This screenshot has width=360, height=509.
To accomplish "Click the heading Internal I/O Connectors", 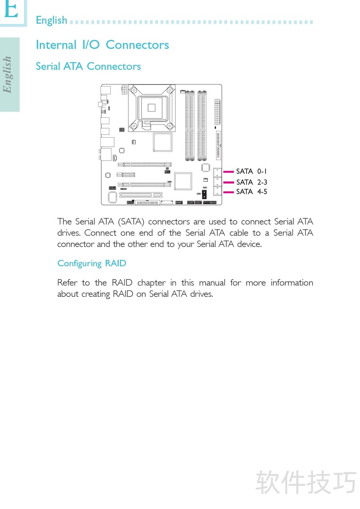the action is point(102,45).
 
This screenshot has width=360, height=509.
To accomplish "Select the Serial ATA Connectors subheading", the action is point(88,66).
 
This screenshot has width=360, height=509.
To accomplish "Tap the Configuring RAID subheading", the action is point(92,263).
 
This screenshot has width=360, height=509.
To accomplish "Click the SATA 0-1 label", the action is point(252,171).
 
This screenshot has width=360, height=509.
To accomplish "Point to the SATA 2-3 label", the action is point(252,182).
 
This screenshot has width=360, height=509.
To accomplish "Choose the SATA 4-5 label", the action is point(252,192).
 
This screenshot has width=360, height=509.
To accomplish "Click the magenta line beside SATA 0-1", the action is point(229,171).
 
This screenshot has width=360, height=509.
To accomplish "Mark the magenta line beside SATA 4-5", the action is point(229,192).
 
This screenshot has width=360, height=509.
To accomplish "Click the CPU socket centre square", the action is point(151,107).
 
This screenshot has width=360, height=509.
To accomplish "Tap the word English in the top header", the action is point(51,20).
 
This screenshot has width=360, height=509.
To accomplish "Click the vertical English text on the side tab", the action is point(7,74).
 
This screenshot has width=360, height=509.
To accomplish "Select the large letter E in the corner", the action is point(11,9).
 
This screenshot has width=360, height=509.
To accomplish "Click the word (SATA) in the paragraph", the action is point(131,222).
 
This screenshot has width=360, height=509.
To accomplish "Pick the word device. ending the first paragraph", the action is point(249,244).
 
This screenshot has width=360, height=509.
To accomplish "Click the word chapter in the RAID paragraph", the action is point(151,283).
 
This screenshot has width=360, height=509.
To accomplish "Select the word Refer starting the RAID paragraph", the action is point(67,283).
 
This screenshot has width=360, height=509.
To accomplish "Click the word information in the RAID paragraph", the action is point(292,283).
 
